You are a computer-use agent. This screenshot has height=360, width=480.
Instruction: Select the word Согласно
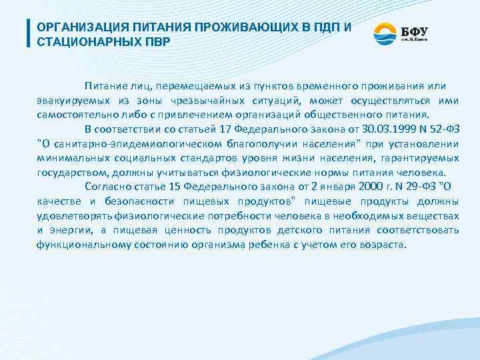click(x=105, y=187)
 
